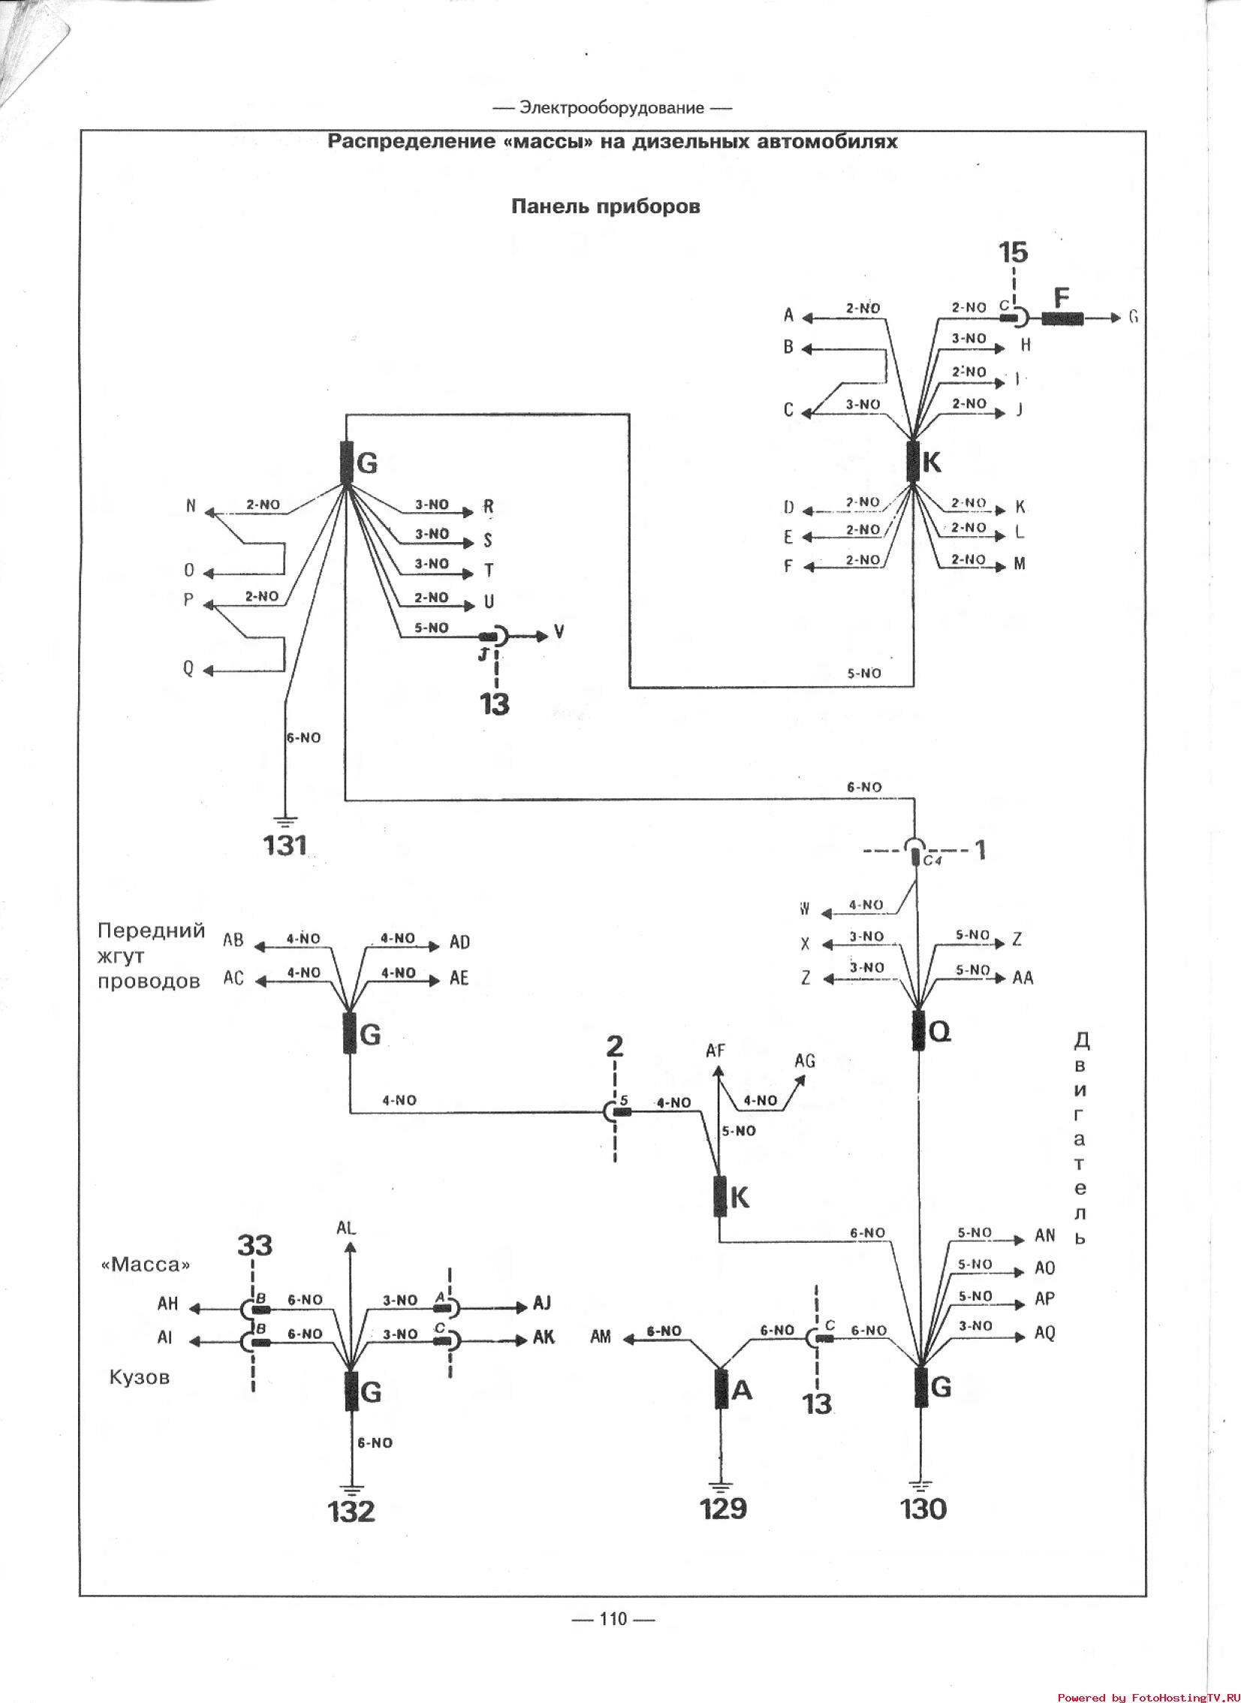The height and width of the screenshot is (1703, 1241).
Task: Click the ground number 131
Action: click(285, 845)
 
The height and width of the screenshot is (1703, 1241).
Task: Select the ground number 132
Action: click(351, 1511)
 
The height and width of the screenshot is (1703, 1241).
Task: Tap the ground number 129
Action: click(724, 1508)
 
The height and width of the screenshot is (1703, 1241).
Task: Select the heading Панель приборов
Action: click(605, 206)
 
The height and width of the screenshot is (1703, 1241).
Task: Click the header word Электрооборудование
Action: click(611, 108)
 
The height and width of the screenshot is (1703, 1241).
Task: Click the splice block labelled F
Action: click(1062, 318)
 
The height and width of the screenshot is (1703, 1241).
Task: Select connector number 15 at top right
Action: click(1014, 252)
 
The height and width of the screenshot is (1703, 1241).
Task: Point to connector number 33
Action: click(255, 1246)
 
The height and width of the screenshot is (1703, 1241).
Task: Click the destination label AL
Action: click(347, 1228)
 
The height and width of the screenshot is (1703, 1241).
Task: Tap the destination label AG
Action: click(805, 1061)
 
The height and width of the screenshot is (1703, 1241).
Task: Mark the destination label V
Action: click(559, 632)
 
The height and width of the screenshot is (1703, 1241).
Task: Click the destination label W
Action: click(805, 910)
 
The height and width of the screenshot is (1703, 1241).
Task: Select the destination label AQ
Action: click(1045, 1333)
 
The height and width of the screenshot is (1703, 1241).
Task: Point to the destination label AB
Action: click(233, 940)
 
